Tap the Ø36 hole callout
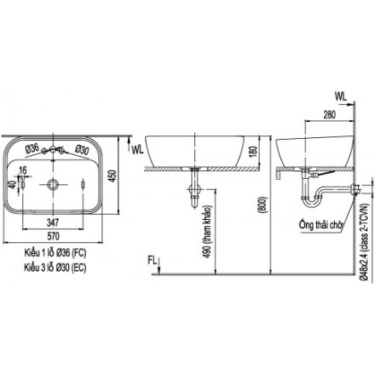click(32, 150)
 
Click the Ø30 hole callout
click(83, 150)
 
